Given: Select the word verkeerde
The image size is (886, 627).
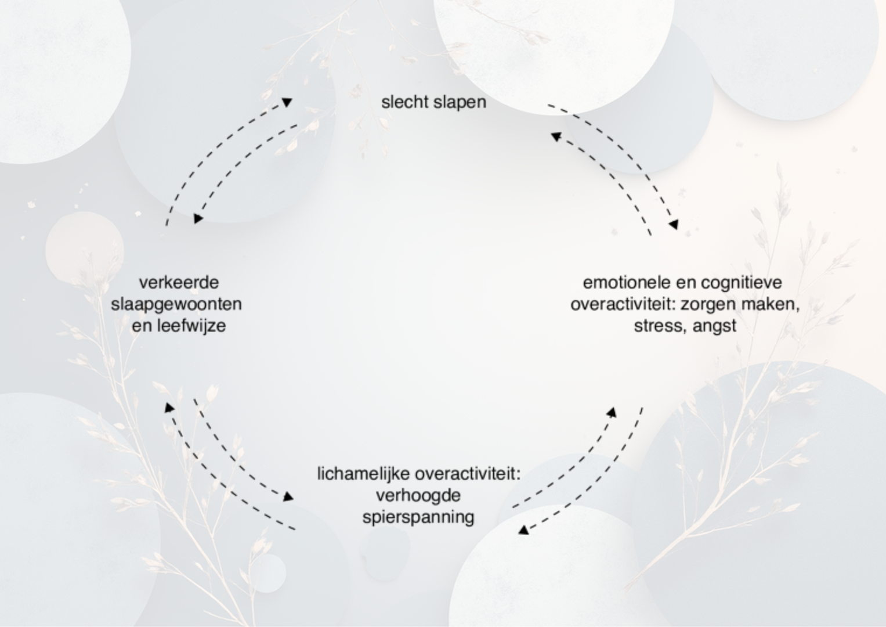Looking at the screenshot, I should coord(179,283).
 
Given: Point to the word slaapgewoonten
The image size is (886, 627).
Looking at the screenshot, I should coord(176,304).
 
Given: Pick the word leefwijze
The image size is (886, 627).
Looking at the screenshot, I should coord(193,326).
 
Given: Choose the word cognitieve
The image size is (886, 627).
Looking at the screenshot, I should coord(741,283).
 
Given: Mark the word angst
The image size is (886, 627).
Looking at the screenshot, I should coord(714,326).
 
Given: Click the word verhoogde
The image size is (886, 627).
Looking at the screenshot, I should coord(418,495).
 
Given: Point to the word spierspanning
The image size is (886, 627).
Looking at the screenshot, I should coord(418,517).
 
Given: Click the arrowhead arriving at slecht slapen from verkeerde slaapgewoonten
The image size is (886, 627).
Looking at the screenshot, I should coord(287,102).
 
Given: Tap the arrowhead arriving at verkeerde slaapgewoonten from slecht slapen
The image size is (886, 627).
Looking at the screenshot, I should coord(198,219).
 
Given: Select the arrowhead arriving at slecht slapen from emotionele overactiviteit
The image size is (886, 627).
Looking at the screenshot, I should coord(556,136).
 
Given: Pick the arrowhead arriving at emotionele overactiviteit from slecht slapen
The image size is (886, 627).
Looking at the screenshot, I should coord(673,225).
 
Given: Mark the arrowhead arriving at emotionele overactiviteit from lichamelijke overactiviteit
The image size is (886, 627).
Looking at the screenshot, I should coord(612,412).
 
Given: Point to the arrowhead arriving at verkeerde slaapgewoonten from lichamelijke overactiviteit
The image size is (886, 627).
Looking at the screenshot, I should coord(169,408).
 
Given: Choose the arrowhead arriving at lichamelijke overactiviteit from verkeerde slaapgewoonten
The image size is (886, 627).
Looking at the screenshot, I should coord(288,497).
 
